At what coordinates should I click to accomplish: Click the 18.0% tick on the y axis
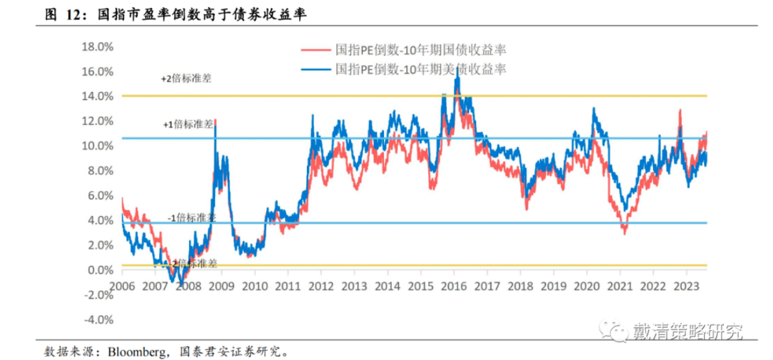pos(98,46)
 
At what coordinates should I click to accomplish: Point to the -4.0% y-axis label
pos(97,320)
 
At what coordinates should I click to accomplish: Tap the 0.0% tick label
pos(99,270)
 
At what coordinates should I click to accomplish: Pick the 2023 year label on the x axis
pos(685,287)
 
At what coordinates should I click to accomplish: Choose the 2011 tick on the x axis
pos(288,287)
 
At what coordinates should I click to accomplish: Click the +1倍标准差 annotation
pos(188,124)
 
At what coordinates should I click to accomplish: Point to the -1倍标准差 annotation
pos(192,218)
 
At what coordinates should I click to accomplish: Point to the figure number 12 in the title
pos(76,14)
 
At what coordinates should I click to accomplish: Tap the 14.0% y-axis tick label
pos(98,96)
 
